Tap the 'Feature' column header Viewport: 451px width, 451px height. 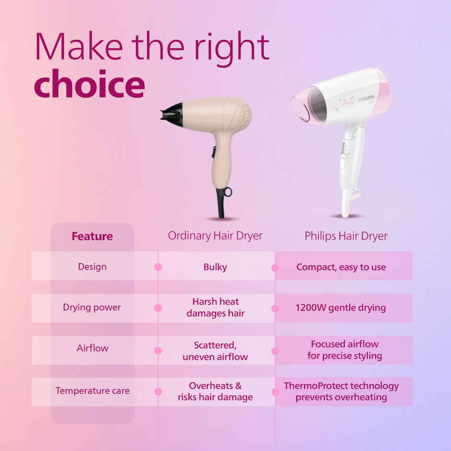[x=92, y=236]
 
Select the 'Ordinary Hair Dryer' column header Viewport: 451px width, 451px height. [x=215, y=236]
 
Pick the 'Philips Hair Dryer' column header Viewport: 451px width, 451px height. [x=346, y=236]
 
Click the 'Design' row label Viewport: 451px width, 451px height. [x=92, y=266]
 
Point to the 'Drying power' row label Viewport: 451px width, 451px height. [x=92, y=307]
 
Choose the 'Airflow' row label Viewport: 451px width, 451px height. [x=92, y=348]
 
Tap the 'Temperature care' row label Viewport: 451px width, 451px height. [x=92, y=391]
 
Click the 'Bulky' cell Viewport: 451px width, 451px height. [x=215, y=267]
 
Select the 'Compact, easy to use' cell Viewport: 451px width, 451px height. [x=341, y=267]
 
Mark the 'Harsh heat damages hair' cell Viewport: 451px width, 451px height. [x=215, y=307]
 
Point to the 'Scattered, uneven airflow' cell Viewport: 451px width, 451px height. [x=215, y=351]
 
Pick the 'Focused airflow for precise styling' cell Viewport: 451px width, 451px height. [x=344, y=350]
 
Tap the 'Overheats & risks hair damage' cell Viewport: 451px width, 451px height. [x=215, y=391]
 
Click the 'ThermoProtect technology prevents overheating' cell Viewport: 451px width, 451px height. [x=341, y=391]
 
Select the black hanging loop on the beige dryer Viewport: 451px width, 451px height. [x=226, y=192]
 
